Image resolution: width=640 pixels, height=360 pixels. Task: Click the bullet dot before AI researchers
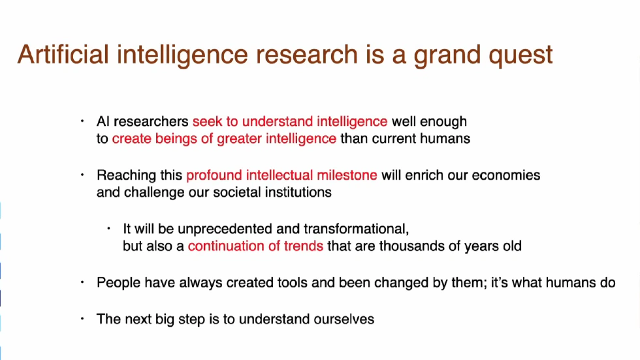pos(82,121)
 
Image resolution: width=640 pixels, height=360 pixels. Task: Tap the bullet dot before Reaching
pos(82,175)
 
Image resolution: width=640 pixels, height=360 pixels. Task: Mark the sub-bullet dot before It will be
pos(109,229)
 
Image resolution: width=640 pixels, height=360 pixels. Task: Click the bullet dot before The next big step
pos(82,319)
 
